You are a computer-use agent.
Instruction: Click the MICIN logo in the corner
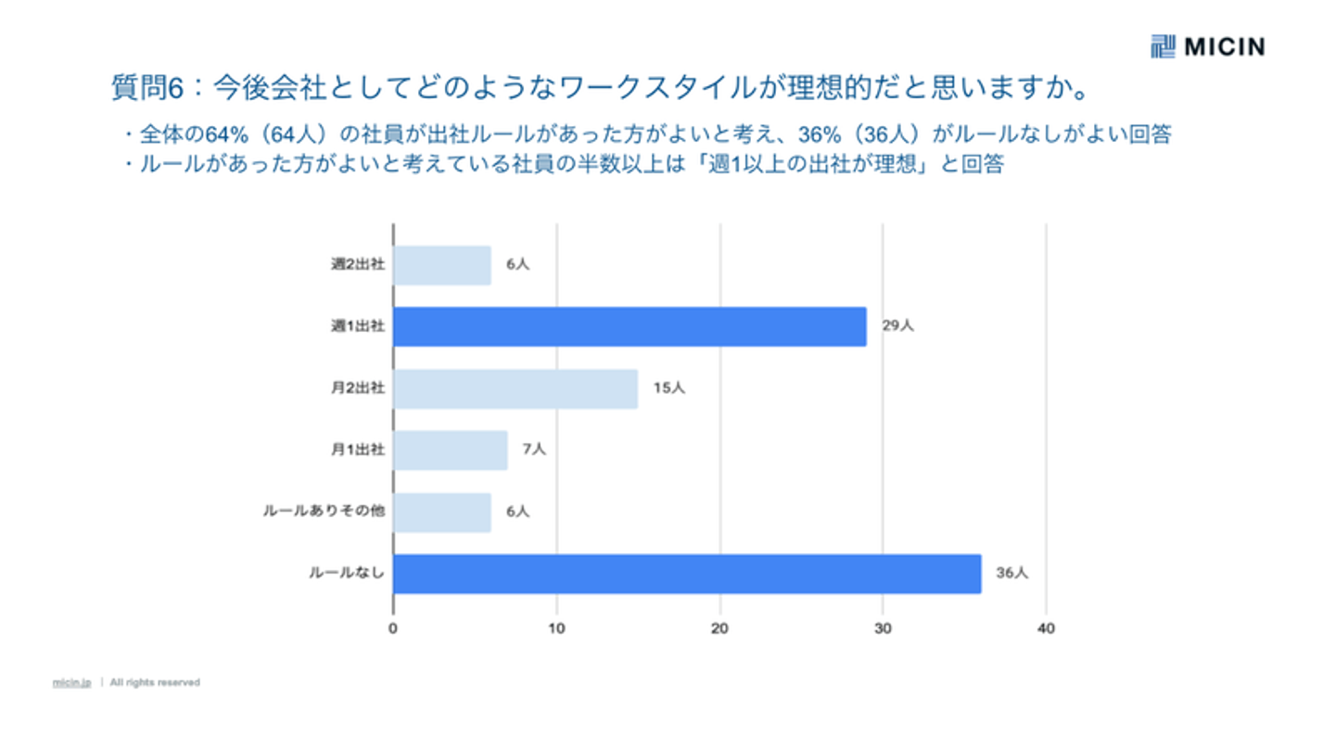(x=1207, y=46)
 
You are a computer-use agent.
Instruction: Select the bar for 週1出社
(x=629, y=326)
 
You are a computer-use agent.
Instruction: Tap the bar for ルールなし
(x=686, y=573)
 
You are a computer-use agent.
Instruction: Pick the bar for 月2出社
(x=515, y=388)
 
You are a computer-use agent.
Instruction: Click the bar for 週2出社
(x=442, y=265)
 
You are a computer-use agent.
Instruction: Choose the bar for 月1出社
(x=450, y=449)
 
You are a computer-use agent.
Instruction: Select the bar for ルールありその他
(x=442, y=512)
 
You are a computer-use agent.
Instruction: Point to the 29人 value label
(x=897, y=326)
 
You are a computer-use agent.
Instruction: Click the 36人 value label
(x=1012, y=573)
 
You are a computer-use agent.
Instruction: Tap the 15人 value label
(x=668, y=388)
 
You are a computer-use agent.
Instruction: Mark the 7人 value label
(x=534, y=449)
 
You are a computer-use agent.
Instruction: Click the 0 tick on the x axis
(x=393, y=629)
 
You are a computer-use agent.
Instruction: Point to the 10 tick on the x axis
(x=556, y=629)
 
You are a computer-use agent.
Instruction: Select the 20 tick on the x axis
(x=719, y=629)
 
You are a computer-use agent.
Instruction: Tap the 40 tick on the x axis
(x=1046, y=629)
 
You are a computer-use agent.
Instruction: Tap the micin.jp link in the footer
(x=71, y=683)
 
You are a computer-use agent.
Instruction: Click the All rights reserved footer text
(x=155, y=683)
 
